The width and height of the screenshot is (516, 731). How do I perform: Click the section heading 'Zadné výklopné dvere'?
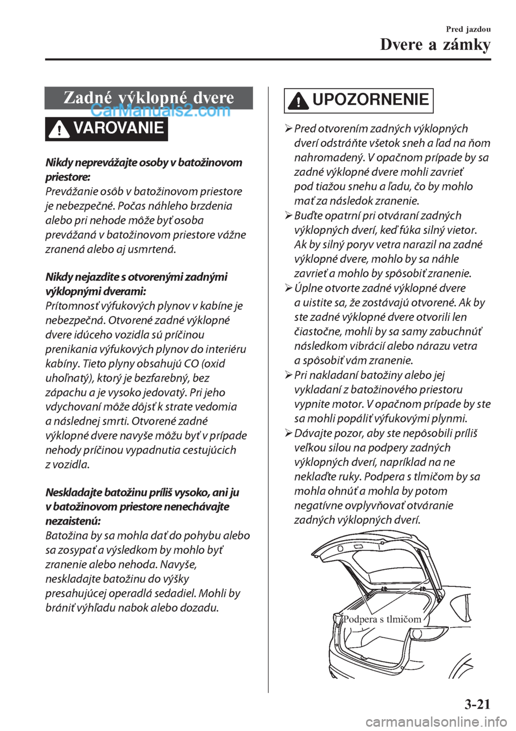(148, 97)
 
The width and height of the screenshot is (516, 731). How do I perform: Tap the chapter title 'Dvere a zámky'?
(435, 45)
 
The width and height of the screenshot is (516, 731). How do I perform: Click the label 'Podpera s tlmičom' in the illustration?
(382, 619)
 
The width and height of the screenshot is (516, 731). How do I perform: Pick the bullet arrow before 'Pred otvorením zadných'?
(288, 129)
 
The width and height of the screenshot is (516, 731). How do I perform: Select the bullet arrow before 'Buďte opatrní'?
(288, 216)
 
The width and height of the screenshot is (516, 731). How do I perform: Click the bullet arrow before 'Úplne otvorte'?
(288, 288)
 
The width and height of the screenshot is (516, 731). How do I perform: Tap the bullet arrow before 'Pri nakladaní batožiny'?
(288, 375)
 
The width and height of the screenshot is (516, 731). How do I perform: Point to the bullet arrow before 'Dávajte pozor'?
(288, 433)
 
